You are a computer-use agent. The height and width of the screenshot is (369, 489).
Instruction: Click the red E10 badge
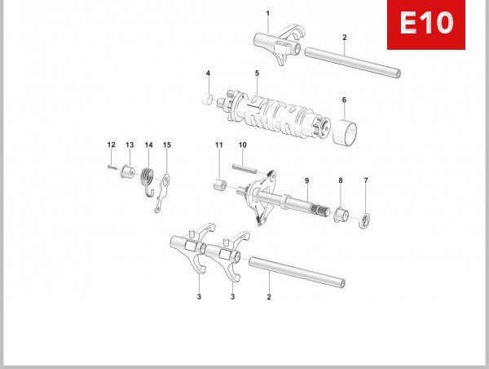(425, 24)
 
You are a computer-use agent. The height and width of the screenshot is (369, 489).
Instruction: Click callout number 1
(267, 14)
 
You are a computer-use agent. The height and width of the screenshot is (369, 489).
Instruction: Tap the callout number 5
(257, 73)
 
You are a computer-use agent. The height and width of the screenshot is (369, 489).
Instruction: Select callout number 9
(306, 180)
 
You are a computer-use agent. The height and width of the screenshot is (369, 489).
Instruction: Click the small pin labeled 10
(244, 169)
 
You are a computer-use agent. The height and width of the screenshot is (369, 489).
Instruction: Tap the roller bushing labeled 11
(218, 180)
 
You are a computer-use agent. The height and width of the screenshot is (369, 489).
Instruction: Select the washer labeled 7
(366, 218)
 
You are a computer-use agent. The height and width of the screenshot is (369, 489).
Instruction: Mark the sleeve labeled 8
(342, 216)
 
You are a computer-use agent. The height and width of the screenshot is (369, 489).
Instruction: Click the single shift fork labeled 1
(274, 44)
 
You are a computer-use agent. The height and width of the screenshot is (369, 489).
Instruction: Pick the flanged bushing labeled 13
(127, 172)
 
